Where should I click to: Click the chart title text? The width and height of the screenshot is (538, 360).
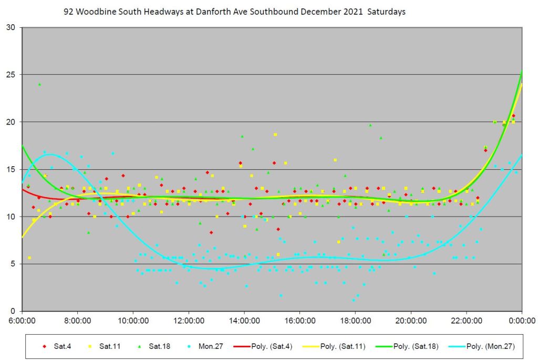tap(234, 12)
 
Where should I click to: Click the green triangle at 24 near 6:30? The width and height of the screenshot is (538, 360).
tap(39, 84)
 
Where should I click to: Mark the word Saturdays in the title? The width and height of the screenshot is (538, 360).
tap(386, 12)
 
